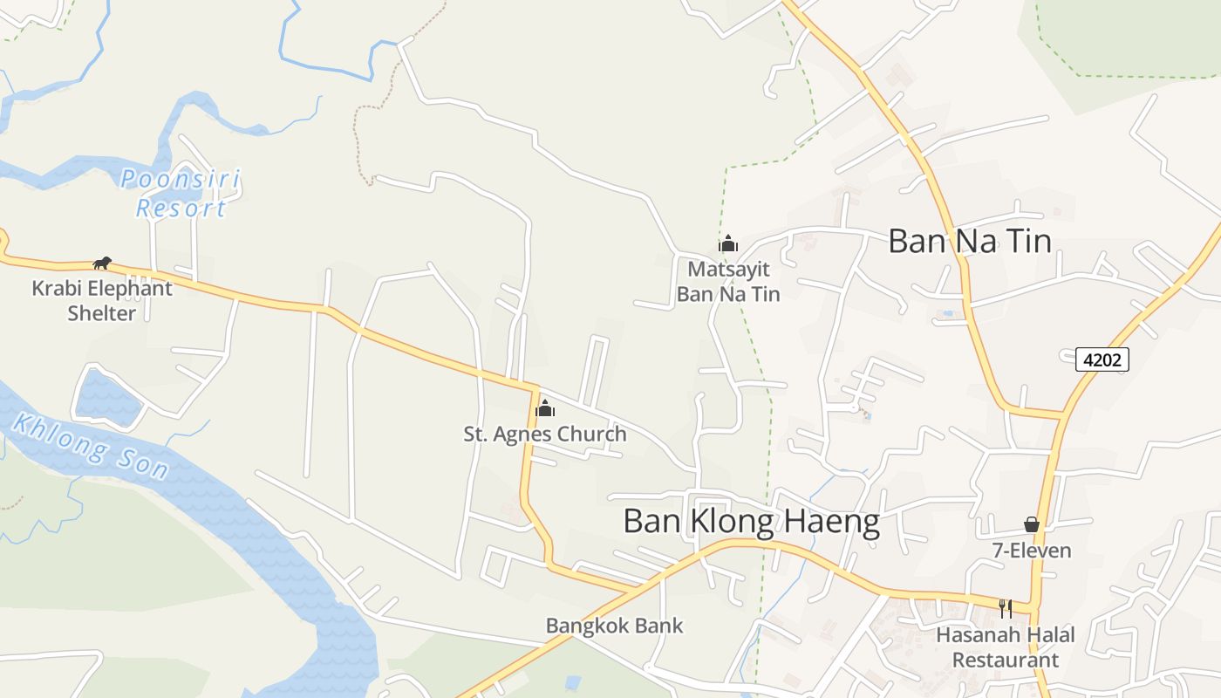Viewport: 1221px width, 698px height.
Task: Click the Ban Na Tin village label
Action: pyautogui.click(x=969, y=241)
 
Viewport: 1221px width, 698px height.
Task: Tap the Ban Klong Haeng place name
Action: pyautogui.click(x=751, y=522)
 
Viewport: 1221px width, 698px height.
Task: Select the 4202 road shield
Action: pyautogui.click(x=1102, y=359)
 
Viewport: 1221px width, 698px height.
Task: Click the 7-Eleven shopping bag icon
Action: pyautogui.click(x=1032, y=524)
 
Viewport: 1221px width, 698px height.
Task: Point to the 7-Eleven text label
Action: pyautogui.click(x=1032, y=551)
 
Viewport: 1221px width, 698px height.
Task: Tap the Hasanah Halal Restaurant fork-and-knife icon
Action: pyautogui.click(x=1006, y=608)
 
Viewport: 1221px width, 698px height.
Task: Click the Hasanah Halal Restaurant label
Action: pyautogui.click(x=1006, y=647)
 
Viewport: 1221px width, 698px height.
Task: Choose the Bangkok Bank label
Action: pyautogui.click(x=615, y=626)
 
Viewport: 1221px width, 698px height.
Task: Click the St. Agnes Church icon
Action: pyautogui.click(x=545, y=407)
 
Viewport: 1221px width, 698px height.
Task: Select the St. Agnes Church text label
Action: pyautogui.click(x=545, y=434)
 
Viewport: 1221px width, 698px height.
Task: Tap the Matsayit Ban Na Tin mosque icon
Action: pyautogui.click(x=728, y=243)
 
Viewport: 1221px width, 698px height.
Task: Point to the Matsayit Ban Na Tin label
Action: pyautogui.click(x=728, y=281)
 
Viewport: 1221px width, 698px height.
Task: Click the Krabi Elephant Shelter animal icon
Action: pyautogui.click(x=102, y=263)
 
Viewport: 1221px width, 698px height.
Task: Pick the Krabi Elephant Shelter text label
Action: pyautogui.click(x=102, y=300)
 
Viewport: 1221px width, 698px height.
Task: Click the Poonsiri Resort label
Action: pyautogui.click(x=181, y=194)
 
